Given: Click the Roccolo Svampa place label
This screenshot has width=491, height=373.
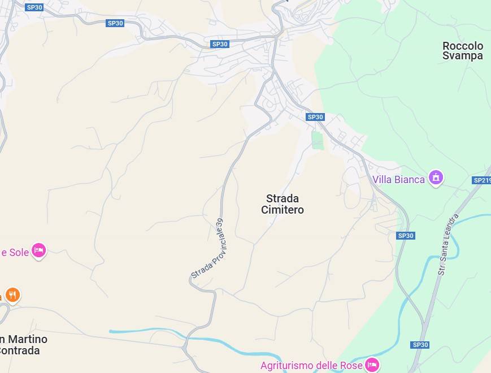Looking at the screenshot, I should pos(463,51).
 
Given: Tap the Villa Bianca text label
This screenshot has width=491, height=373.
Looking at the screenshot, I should pos(398,179).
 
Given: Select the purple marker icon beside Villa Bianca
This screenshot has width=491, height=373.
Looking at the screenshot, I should pos(436,177).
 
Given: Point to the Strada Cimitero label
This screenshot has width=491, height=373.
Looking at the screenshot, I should pos(283,204).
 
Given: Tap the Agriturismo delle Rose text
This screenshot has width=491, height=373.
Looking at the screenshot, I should pos(311,366).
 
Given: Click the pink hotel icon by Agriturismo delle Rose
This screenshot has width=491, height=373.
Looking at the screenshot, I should pos(372,365).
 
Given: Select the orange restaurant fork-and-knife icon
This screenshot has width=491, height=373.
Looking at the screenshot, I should pos(12,295).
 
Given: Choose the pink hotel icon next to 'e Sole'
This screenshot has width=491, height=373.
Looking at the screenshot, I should pos(38,250).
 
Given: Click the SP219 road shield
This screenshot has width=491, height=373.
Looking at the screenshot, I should pos(481,180).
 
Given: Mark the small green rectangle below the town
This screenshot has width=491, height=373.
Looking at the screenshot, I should pos(318,140).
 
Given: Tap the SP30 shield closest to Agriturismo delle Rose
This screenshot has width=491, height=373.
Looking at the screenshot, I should pos(420,345).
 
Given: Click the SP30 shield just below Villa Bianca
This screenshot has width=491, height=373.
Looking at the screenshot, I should pos(406,236).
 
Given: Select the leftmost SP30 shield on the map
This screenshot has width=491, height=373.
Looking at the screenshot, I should pos(34,7).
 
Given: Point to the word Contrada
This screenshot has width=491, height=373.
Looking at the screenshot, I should pos(20,350).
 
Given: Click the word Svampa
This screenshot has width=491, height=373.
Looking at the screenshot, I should pos(463,56).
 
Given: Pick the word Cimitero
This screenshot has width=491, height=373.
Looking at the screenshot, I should pos(283,210).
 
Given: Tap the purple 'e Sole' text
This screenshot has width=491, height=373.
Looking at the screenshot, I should pos(15,252).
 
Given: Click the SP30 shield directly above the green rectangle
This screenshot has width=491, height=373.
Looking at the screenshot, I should pos(315,117).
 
